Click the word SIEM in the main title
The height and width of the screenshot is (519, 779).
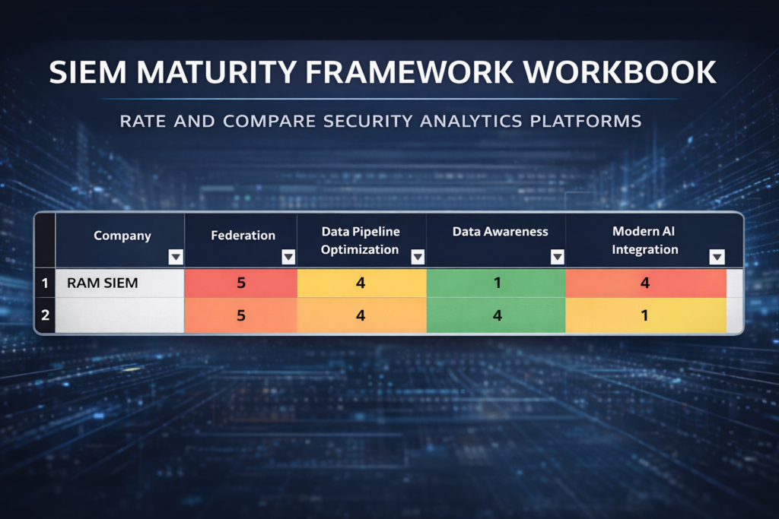click(x=88, y=72)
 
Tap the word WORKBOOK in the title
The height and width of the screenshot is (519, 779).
click(x=620, y=72)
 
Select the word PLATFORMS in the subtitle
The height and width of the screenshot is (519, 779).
click(x=586, y=121)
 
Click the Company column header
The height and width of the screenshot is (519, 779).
click(x=122, y=236)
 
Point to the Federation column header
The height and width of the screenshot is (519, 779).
click(x=243, y=236)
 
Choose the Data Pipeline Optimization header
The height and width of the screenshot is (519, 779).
click(x=360, y=240)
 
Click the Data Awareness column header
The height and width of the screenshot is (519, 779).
click(x=501, y=231)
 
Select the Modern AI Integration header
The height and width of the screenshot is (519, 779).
click(x=644, y=240)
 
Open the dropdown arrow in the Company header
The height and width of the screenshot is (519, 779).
click(x=176, y=257)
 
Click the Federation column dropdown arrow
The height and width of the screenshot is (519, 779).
click(x=288, y=257)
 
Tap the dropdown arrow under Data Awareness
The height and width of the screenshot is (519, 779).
click(x=558, y=257)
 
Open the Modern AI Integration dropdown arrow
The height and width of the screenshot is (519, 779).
click(x=717, y=257)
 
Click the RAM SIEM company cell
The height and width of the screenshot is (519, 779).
click(x=119, y=283)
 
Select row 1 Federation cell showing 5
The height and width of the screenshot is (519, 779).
click(x=241, y=283)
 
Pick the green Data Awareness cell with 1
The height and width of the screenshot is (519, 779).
click(x=496, y=283)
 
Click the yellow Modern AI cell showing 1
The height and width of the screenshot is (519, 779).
click(x=646, y=315)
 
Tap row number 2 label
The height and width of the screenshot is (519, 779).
click(x=45, y=315)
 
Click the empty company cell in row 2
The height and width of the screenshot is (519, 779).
click(x=119, y=315)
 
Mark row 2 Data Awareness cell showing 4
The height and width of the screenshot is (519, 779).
click(x=496, y=315)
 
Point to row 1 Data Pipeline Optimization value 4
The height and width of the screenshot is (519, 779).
click(x=361, y=283)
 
